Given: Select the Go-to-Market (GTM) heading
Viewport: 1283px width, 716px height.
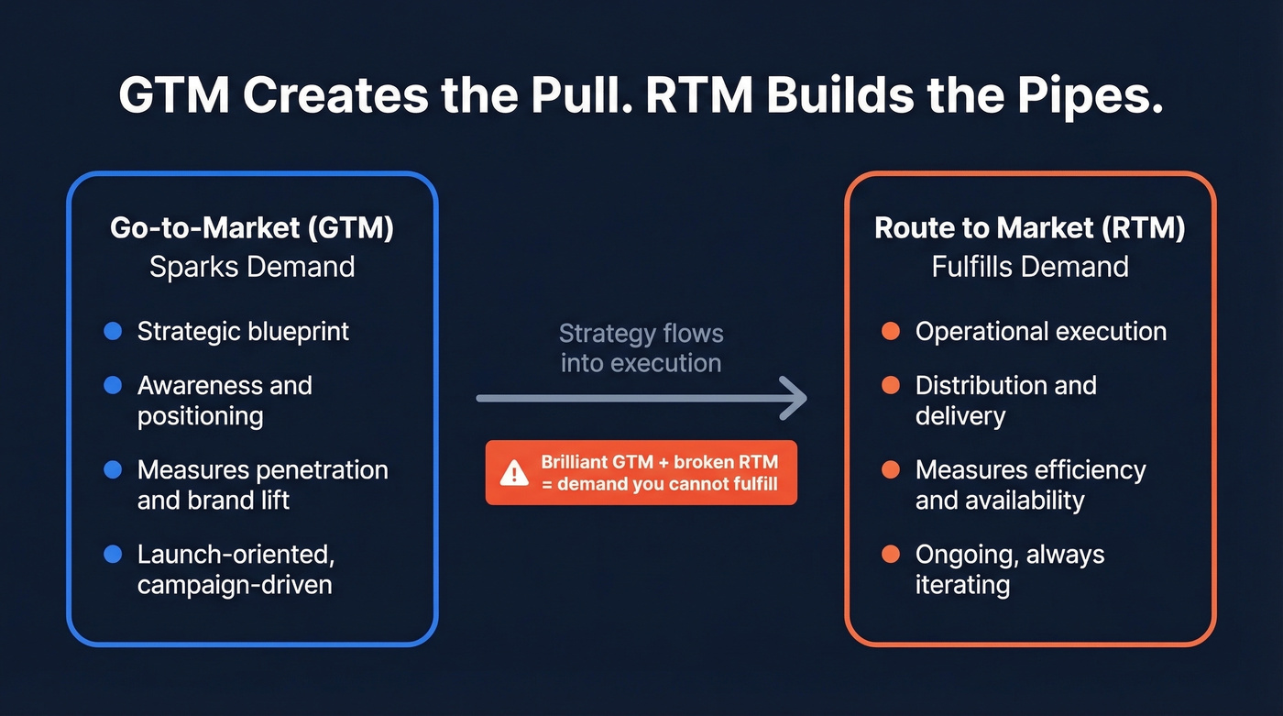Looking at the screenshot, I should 252,228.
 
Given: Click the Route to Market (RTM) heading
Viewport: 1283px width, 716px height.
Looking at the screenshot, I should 1030,228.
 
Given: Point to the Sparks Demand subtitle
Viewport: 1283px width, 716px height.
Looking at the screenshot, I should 252,267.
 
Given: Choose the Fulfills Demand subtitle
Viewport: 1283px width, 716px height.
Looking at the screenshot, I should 1030,267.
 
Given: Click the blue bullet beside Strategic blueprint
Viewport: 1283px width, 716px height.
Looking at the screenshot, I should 113,331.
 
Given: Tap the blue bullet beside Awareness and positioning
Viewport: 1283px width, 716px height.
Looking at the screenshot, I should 113,385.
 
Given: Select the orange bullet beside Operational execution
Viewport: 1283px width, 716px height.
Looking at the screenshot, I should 890,331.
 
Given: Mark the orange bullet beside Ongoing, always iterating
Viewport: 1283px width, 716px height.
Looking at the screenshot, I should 890,554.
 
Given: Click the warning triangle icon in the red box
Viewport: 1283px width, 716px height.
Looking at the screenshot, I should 514,472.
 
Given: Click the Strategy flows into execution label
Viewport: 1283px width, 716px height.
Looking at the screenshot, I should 641,347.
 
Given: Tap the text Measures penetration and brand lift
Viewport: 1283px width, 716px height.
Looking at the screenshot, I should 262,485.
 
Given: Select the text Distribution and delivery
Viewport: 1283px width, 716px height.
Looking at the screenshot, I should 1005,401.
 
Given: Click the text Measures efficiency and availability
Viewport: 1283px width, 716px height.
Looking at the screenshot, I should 1030,485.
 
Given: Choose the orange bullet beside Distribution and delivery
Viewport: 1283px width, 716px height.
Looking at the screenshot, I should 890,385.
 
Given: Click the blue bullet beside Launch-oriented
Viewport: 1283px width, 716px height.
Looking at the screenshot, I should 113,554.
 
